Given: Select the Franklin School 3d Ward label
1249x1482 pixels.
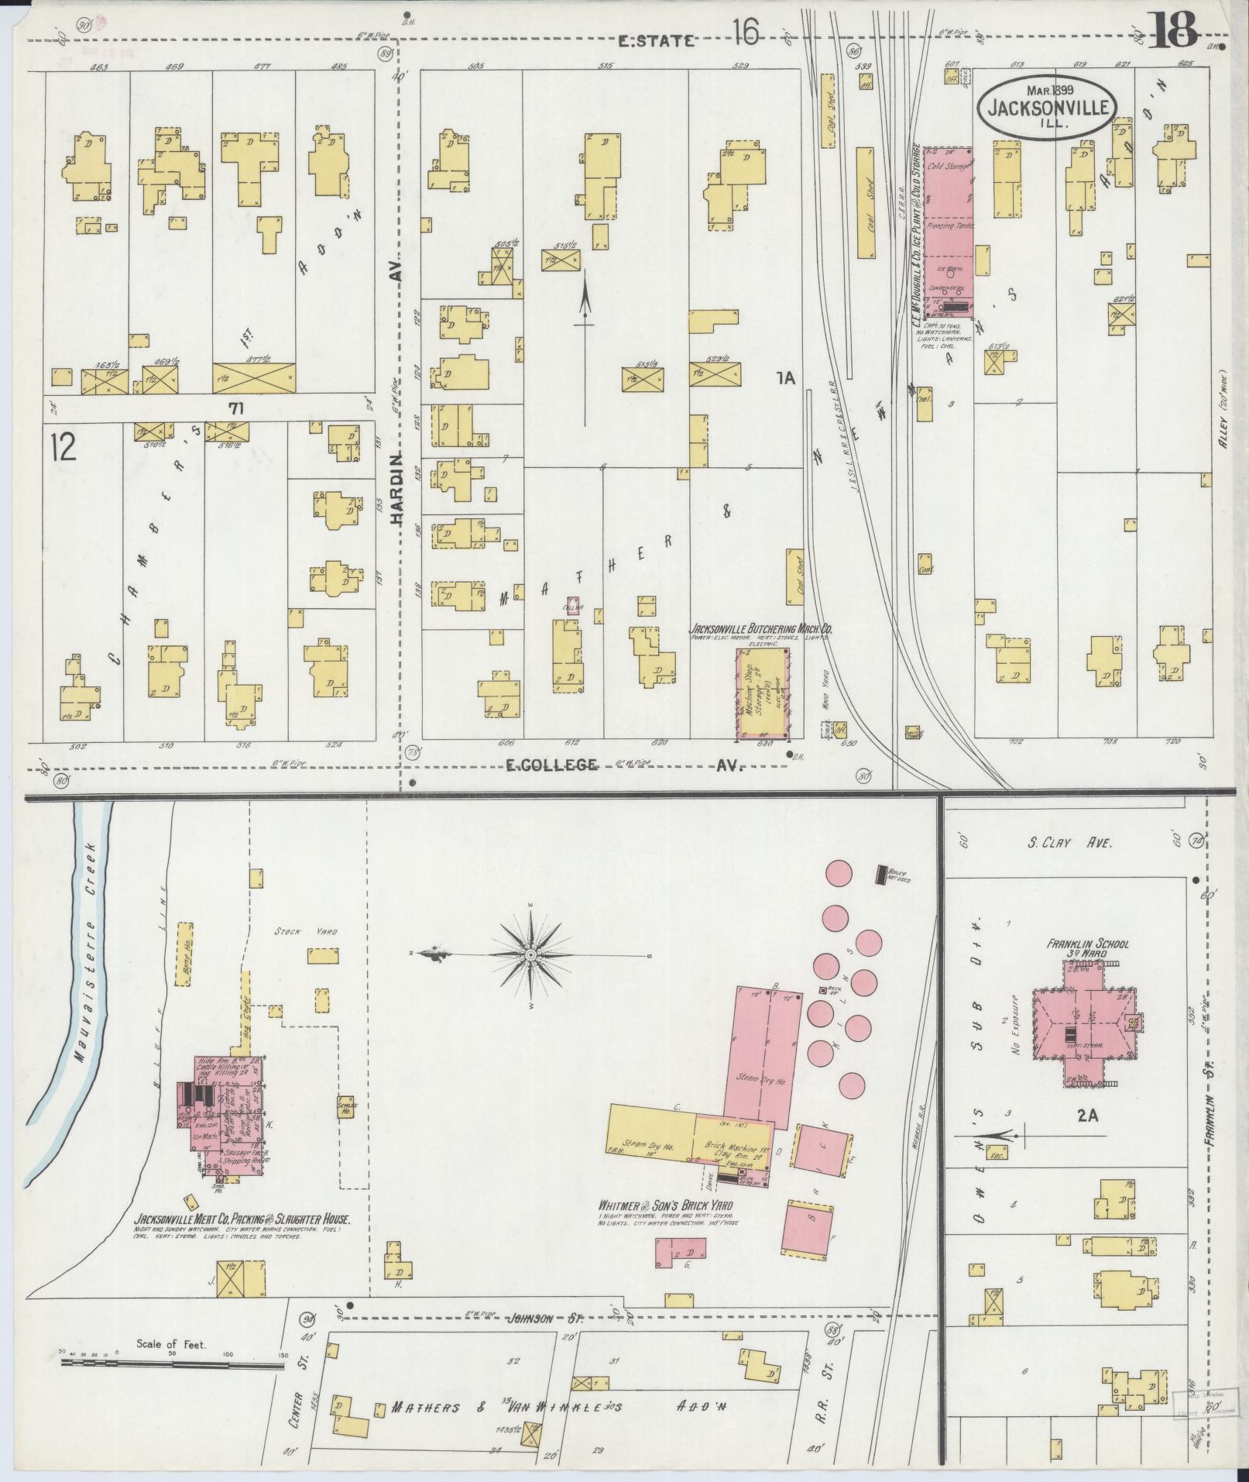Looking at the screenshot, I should point(1089,949).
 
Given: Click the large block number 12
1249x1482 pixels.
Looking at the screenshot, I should point(63,447).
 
